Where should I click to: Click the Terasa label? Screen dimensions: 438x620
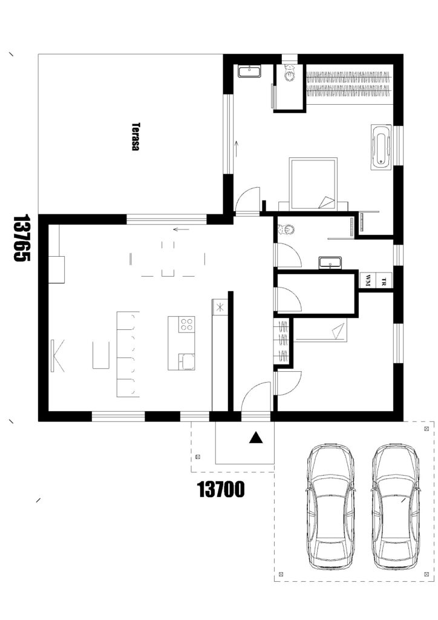tap(136, 136)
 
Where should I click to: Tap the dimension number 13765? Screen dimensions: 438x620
tap(22, 238)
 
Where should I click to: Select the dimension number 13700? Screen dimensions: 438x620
tap(221, 489)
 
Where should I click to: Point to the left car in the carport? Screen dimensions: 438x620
tap(330, 507)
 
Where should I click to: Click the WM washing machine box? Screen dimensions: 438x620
tap(368, 281)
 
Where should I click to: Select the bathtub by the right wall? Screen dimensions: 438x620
tap(381, 148)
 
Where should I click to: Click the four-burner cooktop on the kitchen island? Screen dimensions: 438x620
tap(186, 325)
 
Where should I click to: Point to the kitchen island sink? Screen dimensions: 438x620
tap(186, 361)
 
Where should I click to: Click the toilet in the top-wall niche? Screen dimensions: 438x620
tap(290, 72)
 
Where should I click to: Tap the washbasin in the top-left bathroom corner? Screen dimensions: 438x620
tap(249, 71)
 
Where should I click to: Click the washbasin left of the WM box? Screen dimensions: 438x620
tap(330, 263)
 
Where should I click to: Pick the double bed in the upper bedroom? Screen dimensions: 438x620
tap(313, 183)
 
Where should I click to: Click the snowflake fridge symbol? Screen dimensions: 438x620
tap(220, 306)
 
